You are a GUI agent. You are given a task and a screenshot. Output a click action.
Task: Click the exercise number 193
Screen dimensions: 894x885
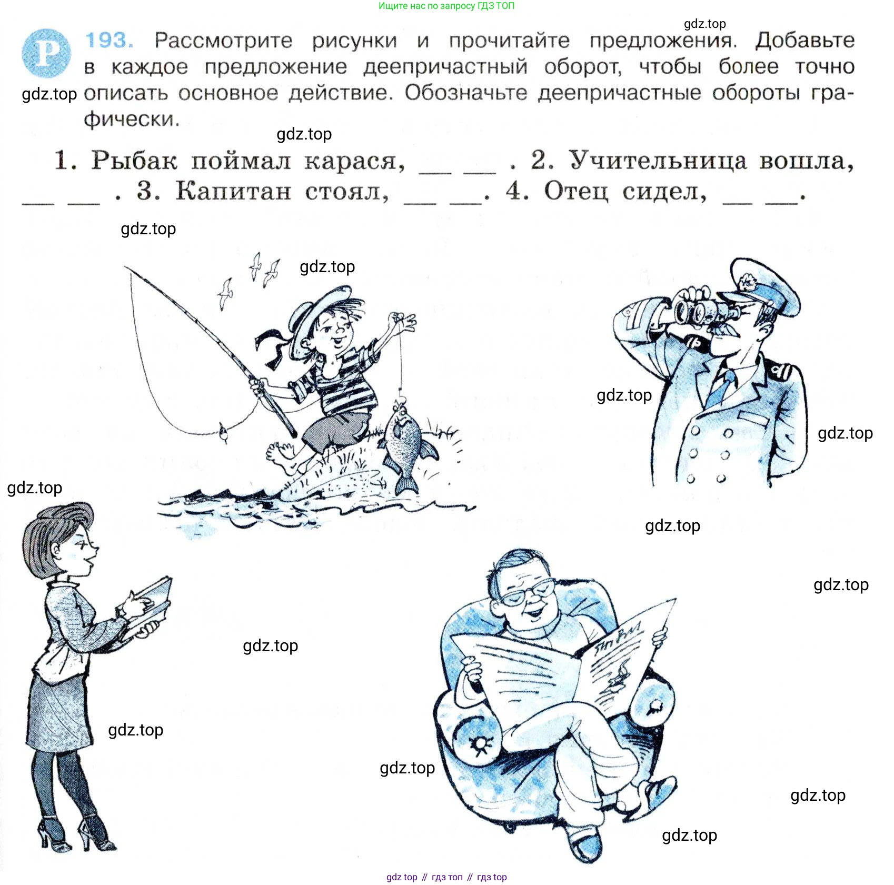[109, 41]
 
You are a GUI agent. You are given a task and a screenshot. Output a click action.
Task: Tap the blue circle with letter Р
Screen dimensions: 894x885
[46, 53]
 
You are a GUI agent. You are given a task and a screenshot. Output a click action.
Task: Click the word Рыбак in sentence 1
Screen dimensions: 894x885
[134, 160]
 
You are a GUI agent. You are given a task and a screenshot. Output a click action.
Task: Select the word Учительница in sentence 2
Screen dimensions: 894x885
[658, 160]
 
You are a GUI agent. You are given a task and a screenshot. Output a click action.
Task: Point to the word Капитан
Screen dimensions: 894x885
[233, 191]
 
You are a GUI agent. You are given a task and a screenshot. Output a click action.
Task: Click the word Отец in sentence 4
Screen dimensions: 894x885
[576, 191]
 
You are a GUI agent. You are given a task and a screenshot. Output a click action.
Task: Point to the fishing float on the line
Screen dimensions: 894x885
[223, 433]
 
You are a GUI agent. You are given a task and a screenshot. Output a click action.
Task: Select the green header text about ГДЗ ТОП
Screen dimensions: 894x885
[446, 6]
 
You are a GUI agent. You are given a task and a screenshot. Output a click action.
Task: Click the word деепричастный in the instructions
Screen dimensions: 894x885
[445, 67]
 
